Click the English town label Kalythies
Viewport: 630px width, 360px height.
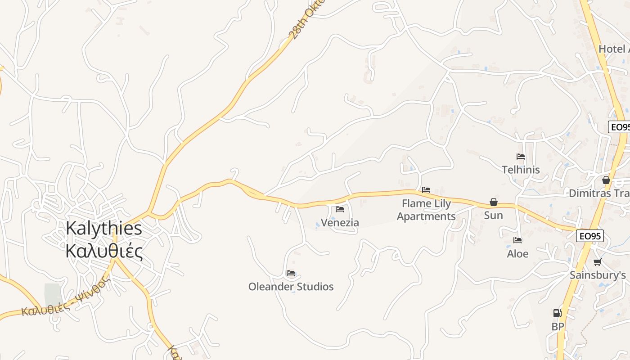pos(104,228)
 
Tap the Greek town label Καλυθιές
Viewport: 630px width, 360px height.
pos(104,251)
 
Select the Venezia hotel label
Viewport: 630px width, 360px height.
pos(340,222)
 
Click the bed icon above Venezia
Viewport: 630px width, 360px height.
pos(340,209)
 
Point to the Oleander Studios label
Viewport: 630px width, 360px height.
pos(291,287)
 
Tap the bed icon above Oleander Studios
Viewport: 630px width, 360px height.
pos(291,273)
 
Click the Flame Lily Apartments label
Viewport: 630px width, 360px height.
pos(426,210)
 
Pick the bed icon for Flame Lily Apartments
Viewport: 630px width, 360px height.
pos(426,190)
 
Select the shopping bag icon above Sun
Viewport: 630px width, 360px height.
pos(494,202)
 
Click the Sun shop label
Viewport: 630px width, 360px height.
pos(493,215)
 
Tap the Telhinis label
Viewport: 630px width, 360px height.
pos(521,170)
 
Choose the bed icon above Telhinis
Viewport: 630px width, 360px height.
pos(521,157)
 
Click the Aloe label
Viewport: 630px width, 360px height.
pos(517,254)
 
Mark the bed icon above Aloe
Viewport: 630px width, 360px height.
pos(517,240)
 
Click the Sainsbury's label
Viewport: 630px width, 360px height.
pos(598,275)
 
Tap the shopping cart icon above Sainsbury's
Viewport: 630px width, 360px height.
pos(597,262)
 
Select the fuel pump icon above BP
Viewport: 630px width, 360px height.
pos(557,313)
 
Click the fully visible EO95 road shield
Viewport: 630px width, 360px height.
pos(589,236)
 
